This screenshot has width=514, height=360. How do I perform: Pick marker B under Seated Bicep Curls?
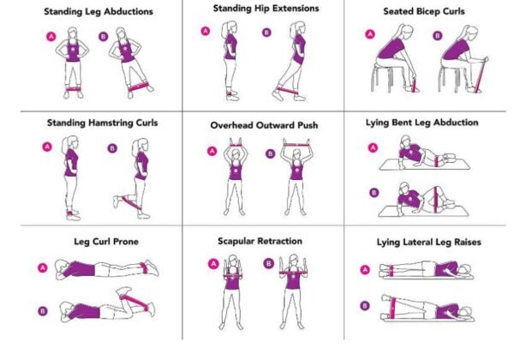click(437, 37)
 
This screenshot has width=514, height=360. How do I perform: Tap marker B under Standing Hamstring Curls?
click(112, 148)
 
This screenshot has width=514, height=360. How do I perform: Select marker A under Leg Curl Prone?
click(42, 268)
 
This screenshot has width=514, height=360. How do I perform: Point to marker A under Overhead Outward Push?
click(212, 152)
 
